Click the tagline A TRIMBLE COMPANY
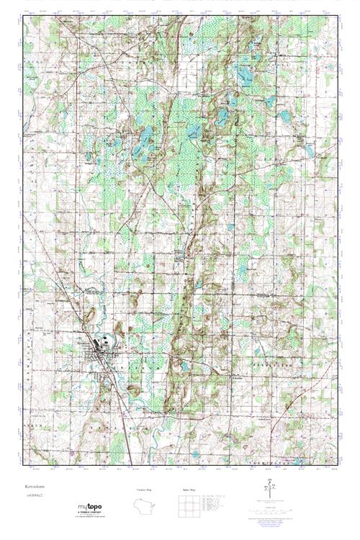[91, 512]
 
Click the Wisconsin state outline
[145, 505]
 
